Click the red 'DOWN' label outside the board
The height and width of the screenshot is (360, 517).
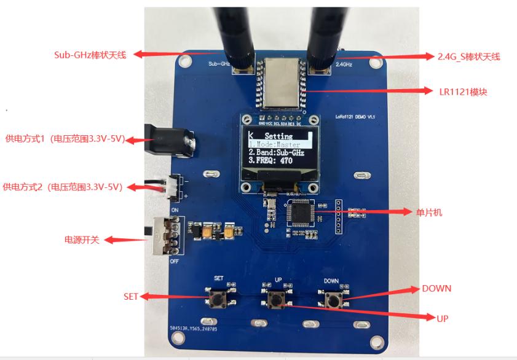[436, 288]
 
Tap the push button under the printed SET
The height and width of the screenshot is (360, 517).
[218, 299]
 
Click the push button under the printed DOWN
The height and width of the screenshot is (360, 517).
[333, 300]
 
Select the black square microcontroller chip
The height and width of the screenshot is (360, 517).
[301, 212]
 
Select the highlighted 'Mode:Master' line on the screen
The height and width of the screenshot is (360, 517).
[277, 143]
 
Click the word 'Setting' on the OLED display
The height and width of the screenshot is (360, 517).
[278, 135]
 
